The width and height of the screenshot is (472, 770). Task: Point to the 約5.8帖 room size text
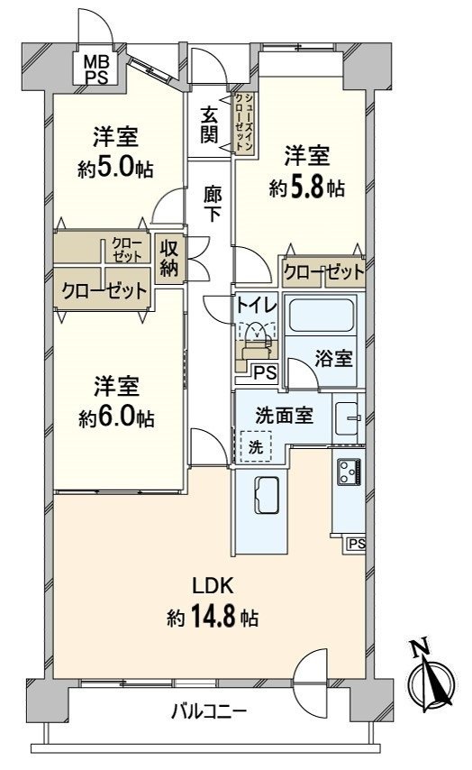pos(306,188)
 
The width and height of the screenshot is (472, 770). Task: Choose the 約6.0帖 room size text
pos(114,418)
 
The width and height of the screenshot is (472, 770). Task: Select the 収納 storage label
pos(168,257)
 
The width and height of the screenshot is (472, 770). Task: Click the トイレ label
pos(251,306)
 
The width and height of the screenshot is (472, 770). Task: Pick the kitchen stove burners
pos(349,471)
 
